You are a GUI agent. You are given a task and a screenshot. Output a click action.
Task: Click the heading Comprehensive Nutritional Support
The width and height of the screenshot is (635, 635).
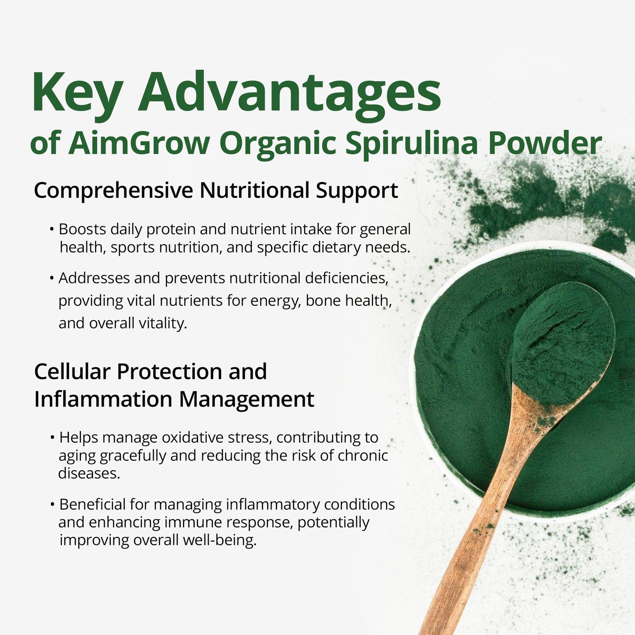pos(216,190)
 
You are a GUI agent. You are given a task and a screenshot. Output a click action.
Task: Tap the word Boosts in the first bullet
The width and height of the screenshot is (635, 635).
pos(83,229)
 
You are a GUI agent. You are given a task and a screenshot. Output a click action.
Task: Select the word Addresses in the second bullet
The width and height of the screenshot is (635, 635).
pos(94,278)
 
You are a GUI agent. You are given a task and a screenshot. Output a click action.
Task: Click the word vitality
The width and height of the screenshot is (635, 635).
pos(163,323)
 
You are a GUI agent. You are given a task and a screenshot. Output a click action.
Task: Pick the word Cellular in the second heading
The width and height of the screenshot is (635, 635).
pos(73,372)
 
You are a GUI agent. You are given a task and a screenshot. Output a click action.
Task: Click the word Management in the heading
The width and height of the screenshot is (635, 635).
pos(246,399)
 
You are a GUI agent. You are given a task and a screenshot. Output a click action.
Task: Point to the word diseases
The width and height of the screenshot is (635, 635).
pos(89,473)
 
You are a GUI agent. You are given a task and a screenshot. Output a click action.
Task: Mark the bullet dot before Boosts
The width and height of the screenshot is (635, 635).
pos(52,229)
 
